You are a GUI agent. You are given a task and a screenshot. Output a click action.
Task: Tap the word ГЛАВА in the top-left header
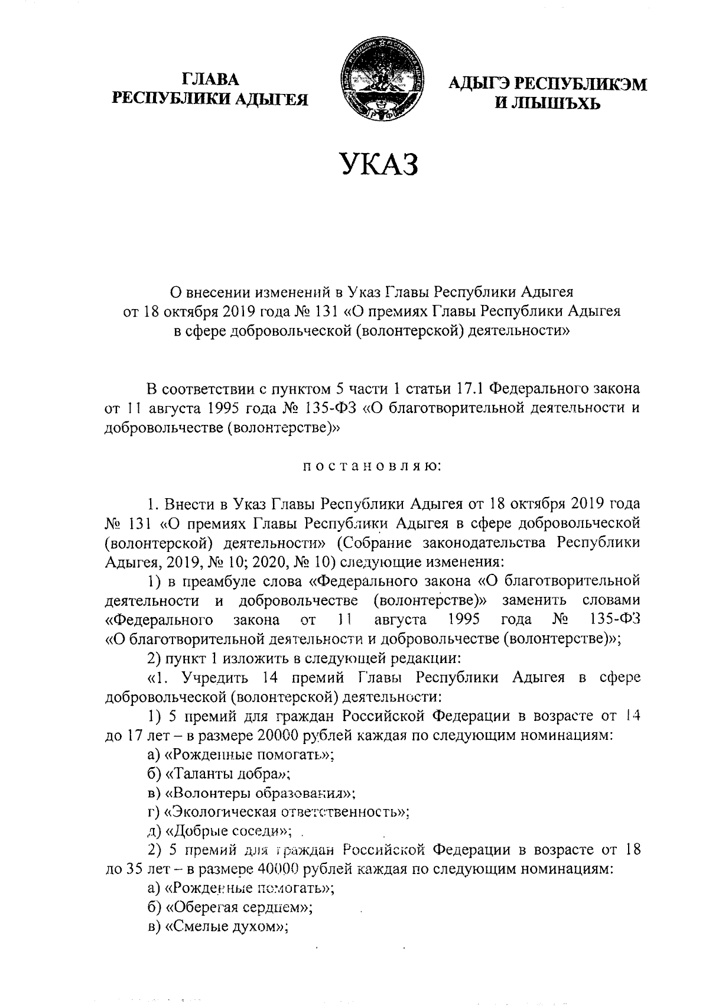(211, 79)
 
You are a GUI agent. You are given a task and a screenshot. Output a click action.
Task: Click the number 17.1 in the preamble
(471, 389)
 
